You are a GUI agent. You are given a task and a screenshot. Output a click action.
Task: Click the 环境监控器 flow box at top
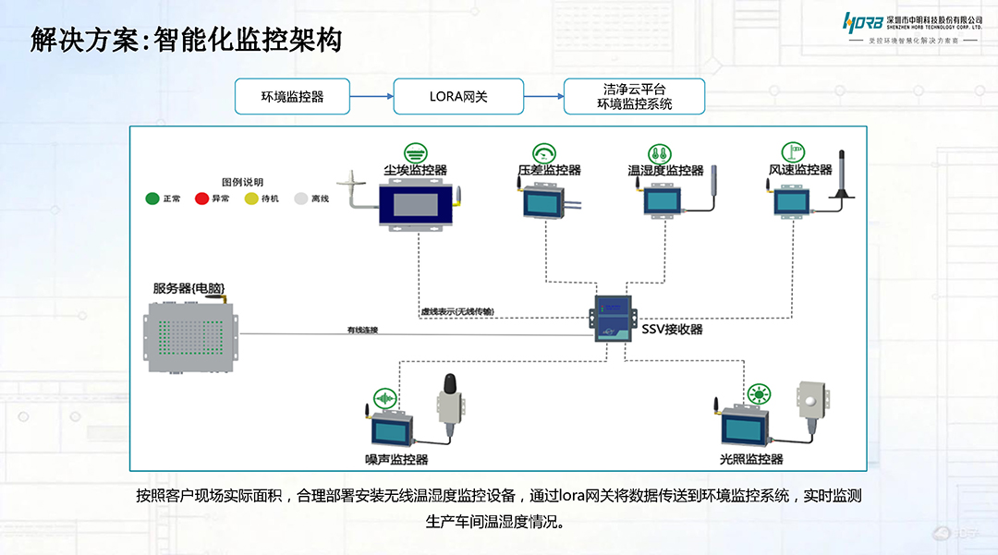point(292,96)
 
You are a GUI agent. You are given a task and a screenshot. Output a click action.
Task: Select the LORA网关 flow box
point(458,96)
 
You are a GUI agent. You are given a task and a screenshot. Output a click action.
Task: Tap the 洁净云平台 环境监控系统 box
point(634,96)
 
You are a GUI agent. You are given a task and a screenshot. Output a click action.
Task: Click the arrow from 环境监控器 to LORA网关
point(371,96)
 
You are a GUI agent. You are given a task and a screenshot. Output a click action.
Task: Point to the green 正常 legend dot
point(152,199)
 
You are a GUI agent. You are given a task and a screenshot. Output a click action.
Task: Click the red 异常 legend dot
point(201,199)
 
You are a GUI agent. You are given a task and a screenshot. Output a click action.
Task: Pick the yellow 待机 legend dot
point(251,199)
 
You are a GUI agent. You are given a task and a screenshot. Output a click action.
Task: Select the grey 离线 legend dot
point(300,199)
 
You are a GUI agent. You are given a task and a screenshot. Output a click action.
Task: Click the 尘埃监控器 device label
point(416,170)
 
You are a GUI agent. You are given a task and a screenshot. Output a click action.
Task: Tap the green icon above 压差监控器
point(544,152)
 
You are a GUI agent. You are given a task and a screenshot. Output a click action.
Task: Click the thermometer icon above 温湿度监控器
point(659,152)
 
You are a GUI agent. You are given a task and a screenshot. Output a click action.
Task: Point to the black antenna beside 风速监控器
point(842,175)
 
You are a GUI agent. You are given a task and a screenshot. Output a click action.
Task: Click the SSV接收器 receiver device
point(611,316)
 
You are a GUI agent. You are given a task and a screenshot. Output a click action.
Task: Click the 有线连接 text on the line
point(362,330)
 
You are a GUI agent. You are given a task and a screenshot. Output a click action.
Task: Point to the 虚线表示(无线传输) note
point(456,312)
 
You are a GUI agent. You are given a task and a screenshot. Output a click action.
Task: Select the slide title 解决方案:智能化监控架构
point(186,40)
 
